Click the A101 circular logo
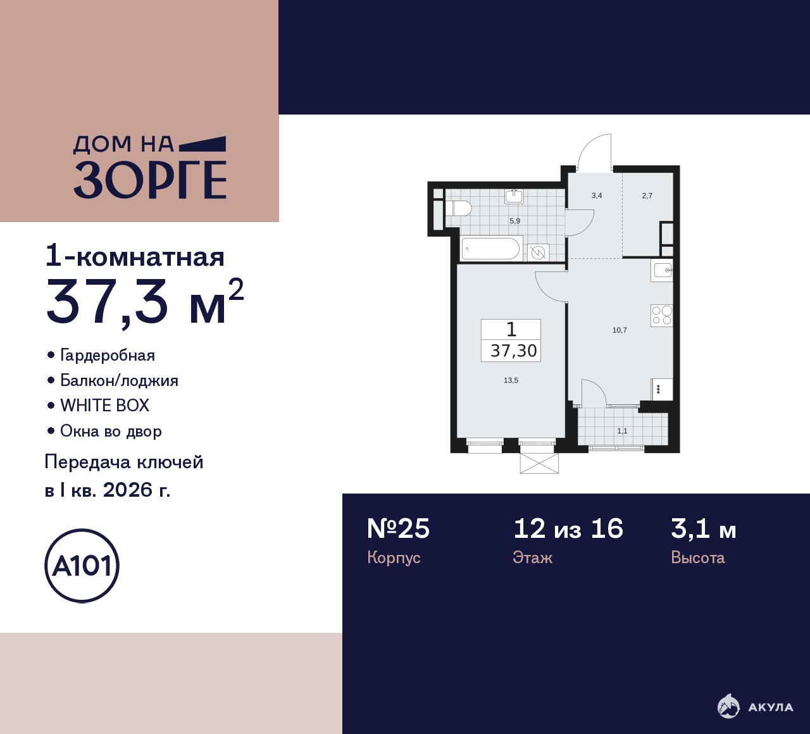coord(82,566)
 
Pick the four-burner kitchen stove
coord(662,315)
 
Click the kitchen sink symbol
coord(662,270)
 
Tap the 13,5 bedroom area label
coord(511,380)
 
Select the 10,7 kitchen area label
coord(620,330)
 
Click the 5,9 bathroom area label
coord(514,221)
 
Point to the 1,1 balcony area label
coord(622,431)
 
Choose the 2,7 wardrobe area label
coord(647,196)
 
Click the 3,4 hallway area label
coord(597,196)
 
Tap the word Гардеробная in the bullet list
coord(108,355)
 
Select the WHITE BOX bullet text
coord(104,406)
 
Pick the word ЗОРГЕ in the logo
coord(150,180)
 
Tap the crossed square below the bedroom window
coord(539,463)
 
